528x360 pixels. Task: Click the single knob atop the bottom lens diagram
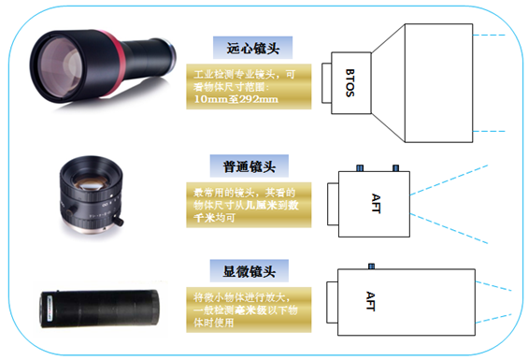click(x=370, y=266)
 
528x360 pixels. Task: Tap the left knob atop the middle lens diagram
click(x=359, y=167)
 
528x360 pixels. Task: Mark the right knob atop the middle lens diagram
click(x=395, y=167)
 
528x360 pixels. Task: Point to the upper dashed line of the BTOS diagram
click(x=494, y=36)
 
